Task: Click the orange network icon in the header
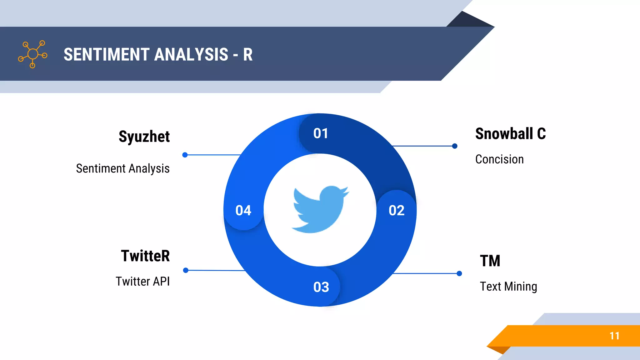pos(32,54)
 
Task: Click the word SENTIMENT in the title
pos(107,54)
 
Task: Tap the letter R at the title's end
pos(247,55)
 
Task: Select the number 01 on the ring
pos(321,133)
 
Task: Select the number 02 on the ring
pos(396,210)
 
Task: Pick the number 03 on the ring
pos(321,287)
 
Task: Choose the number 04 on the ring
pos(243,210)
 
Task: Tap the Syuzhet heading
pos(144,137)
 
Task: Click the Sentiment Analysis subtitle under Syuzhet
pos(123,168)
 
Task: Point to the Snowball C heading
pos(510,134)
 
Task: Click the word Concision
pos(499,159)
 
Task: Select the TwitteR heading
pos(145,256)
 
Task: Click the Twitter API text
pos(142,281)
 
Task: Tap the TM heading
pos(490,261)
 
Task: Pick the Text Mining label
pos(508,286)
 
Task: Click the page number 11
pos(614,336)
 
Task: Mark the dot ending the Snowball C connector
pos(455,146)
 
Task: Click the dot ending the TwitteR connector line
pos(186,270)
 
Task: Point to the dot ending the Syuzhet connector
pos(185,155)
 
